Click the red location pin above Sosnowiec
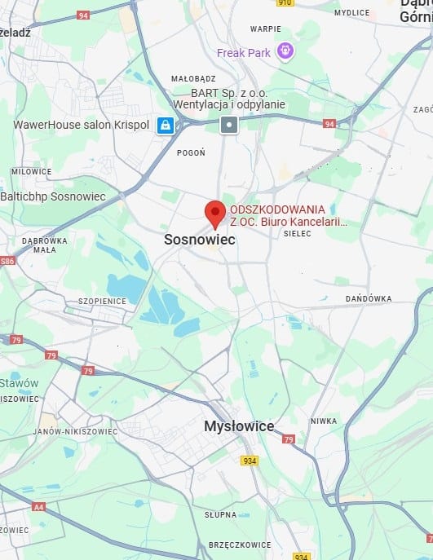pos(214,212)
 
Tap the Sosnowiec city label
pos(199,240)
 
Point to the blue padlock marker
pos(166,125)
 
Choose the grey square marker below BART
pos(229,125)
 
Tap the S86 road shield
pos(7,261)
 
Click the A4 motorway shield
pos(38,506)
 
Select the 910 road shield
pos(285,3)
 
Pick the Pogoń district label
pos(191,152)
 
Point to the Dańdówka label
pos(369,299)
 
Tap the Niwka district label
pos(323,421)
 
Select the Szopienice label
pos(102,301)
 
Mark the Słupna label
pos(220,514)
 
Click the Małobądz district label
pos(193,78)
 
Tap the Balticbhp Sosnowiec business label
pos(53,196)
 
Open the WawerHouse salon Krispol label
pos(82,125)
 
